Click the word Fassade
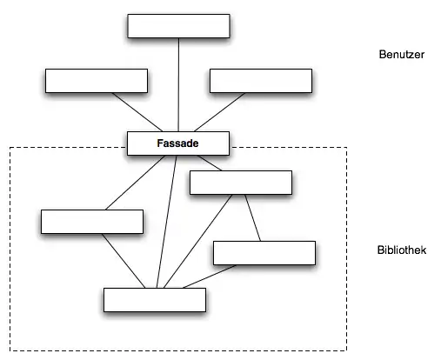point(177,143)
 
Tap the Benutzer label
point(402,55)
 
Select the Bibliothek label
point(402,250)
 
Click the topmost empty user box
point(178,26)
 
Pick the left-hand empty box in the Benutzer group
point(97,81)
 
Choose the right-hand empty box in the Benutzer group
point(261,81)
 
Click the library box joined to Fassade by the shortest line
point(241,183)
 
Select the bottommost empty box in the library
point(155,300)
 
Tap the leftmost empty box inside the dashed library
point(92,222)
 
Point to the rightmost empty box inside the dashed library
point(264,253)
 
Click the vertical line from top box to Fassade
point(178,84)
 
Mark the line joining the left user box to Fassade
point(137,112)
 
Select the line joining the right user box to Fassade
point(219,112)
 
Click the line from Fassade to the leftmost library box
point(135,183)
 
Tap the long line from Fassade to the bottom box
point(166,222)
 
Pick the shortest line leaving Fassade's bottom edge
point(210,163)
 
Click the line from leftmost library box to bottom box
point(124,261)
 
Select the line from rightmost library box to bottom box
point(210,277)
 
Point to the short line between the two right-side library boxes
point(252,217)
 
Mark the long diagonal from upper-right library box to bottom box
point(198,241)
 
